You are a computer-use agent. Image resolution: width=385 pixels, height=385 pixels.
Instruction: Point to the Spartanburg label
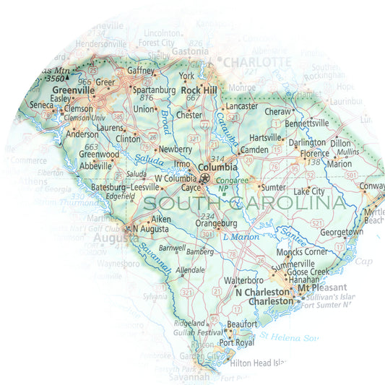(x=151, y=98)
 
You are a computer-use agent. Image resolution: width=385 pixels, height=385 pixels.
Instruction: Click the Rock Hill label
(x=200, y=90)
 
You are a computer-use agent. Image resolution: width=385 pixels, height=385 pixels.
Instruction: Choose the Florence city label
(x=314, y=153)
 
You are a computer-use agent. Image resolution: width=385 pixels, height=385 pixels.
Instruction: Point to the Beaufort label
(x=242, y=324)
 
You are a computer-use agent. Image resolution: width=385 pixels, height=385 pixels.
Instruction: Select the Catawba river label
(x=227, y=130)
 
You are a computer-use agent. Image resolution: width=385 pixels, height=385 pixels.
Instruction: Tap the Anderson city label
(x=82, y=134)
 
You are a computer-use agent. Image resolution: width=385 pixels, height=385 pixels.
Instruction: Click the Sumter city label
(x=273, y=186)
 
